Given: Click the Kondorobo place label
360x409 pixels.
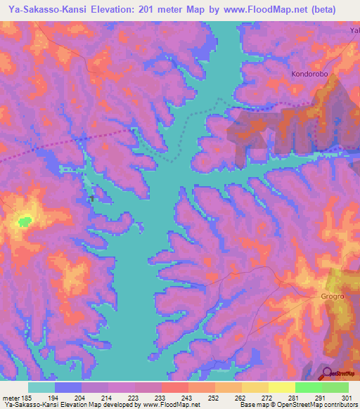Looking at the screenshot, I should pos(310,73).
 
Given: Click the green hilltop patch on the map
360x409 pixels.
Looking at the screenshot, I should pos(25,221).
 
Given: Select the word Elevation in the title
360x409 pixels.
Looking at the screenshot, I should pos(120,9).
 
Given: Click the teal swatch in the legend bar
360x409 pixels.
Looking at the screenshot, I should pos(41,387).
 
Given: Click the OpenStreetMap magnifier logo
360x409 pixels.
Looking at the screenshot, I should pos(326,373).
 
